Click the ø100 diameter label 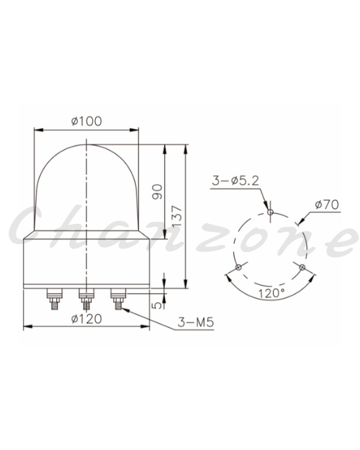(x=86, y=121)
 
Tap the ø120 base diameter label (x=86, y=319)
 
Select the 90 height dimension (x=158, y=192)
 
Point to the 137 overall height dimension (x=177, y=215)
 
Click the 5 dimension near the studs (x=157, y=305)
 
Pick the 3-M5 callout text (x=196, y=322)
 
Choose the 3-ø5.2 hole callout (x=235, y=181)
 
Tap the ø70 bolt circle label (x=327, y=204)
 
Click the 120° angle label (x=271, y=293)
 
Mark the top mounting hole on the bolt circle (x=270, y=212)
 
